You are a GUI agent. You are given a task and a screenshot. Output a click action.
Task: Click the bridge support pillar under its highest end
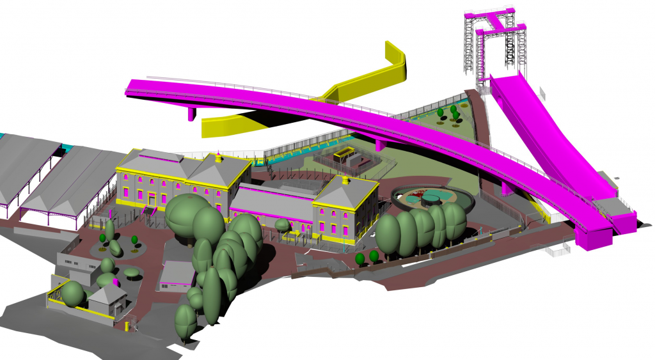click(192, 114)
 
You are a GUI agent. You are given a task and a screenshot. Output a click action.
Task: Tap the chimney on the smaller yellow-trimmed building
click(346, 180)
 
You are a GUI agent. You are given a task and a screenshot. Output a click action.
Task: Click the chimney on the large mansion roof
click(219, 156)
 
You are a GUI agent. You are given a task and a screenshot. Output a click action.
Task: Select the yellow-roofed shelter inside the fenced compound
click(346, 153)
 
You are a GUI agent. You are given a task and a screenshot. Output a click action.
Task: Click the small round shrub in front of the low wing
click(282, 225)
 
